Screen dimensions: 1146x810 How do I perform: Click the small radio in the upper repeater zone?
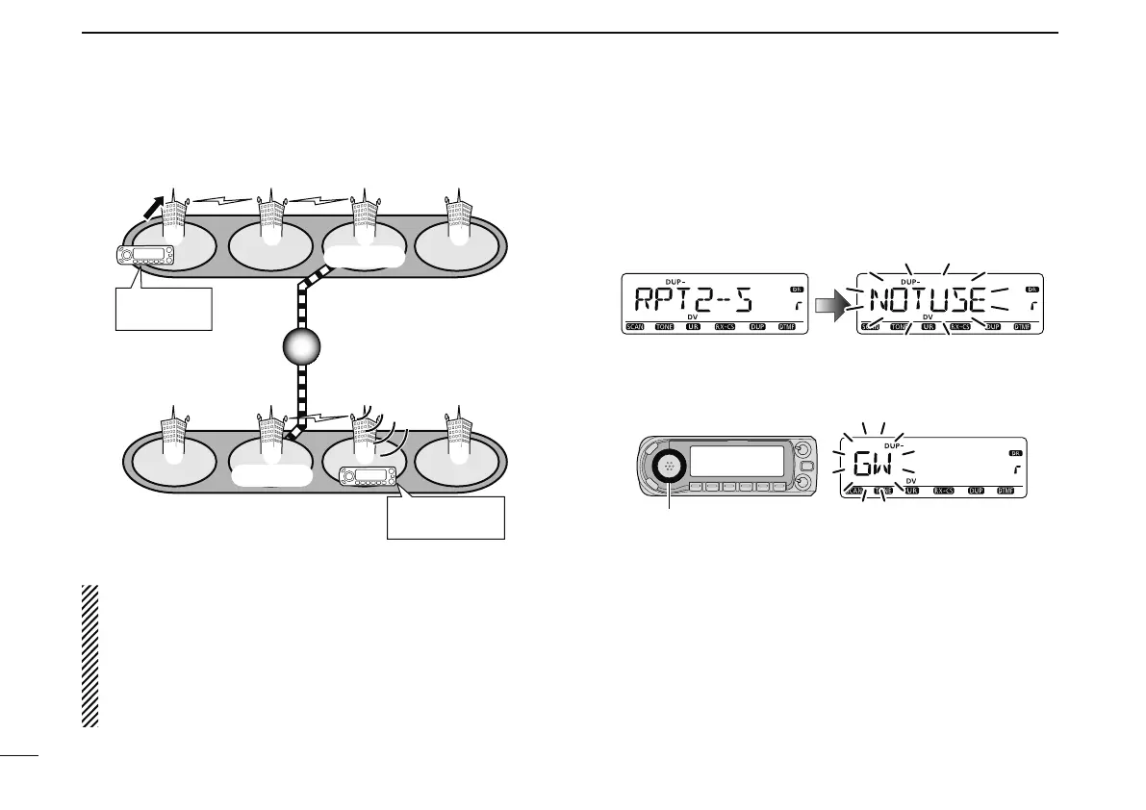[142, 256]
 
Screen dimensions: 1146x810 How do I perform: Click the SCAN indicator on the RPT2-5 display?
[637, 327]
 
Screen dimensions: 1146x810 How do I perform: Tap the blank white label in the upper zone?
[364, 255]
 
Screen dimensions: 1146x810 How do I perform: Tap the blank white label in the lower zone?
[272, 476]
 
